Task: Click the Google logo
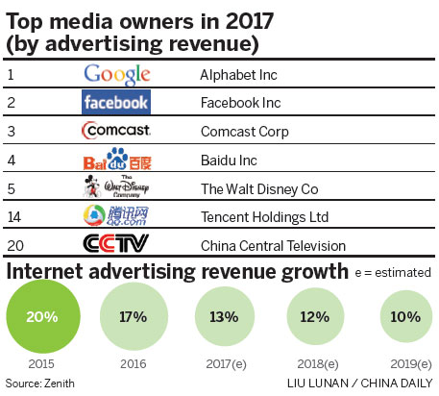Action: point(117,73)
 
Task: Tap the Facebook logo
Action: point(115,101)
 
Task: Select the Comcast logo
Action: point(115,130)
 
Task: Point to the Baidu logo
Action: point(116,158)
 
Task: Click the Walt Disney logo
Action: point(115,186)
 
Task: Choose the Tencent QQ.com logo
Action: point(115,214)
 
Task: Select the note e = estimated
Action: point(390,274)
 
